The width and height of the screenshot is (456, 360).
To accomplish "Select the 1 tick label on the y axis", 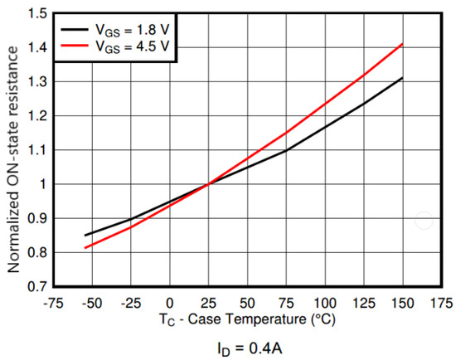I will [x=40, y=184].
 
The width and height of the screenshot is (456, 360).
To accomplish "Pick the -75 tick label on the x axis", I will [x=53, y=302].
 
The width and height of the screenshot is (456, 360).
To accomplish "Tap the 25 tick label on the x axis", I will [x=208, y=302].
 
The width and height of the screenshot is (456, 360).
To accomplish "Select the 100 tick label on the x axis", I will [x=324, y=302].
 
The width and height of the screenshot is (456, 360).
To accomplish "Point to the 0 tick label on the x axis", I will [x=170, y=302].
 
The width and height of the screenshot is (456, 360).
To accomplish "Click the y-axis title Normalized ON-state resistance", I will [x=13, y=149].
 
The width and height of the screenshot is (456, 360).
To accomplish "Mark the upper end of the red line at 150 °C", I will [x=402, y=44].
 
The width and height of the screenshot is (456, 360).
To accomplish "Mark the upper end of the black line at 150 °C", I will [x=402, y=78].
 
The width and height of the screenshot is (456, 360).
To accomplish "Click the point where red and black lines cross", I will [x=208, y=184].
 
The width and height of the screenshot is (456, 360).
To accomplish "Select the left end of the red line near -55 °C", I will [x=85, y=247].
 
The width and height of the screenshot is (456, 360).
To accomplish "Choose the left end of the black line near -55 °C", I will [x=85, y=235].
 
